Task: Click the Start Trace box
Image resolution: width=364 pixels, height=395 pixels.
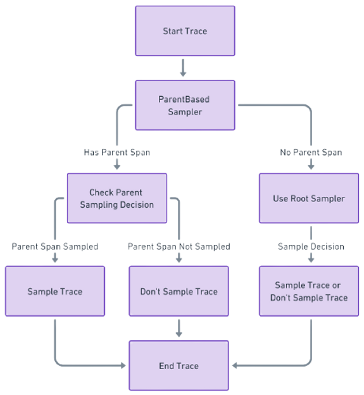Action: pyautogui.click(x=184, y=31)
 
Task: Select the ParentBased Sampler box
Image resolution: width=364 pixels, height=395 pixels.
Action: pyautogui.click(x=184, y=105)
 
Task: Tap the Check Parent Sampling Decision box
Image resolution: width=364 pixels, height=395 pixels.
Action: pyautogui.click(x=116, y=198)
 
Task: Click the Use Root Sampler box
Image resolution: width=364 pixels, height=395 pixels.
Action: pyautogui.click(x=310, y=198)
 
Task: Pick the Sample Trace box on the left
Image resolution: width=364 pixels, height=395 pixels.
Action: pyautogui.click(x=55, y=292)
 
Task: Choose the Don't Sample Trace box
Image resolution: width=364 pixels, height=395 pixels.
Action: pyautogui.click(x=179, y=292)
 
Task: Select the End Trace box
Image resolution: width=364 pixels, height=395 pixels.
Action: pyautogui.click(x=179, y=366)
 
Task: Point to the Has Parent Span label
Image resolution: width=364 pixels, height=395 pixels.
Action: pyautogui.click(x=116, y=153)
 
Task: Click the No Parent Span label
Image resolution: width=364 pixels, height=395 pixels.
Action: pyautogui.click(x=311, y=153)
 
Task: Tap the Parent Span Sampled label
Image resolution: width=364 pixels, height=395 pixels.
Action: pyautogui.click(x=55, y=246)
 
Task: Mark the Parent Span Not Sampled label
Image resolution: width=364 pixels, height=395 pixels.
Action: pyautogui.click(x=179, y=246)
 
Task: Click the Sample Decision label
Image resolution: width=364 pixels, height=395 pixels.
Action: pyautogui.click(x=311, y=246)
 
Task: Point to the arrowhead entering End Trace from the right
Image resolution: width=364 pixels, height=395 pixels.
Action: pyautogui.click(x=234, y=365)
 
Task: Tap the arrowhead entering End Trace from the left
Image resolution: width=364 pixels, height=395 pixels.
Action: pyautogui.click(x=124, y=365)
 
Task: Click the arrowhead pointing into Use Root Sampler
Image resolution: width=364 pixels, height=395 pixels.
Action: pyautogui.click(x=311, y=167)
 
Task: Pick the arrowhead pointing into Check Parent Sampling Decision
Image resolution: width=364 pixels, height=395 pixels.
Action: pyautogui.click(x=116, y=167)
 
